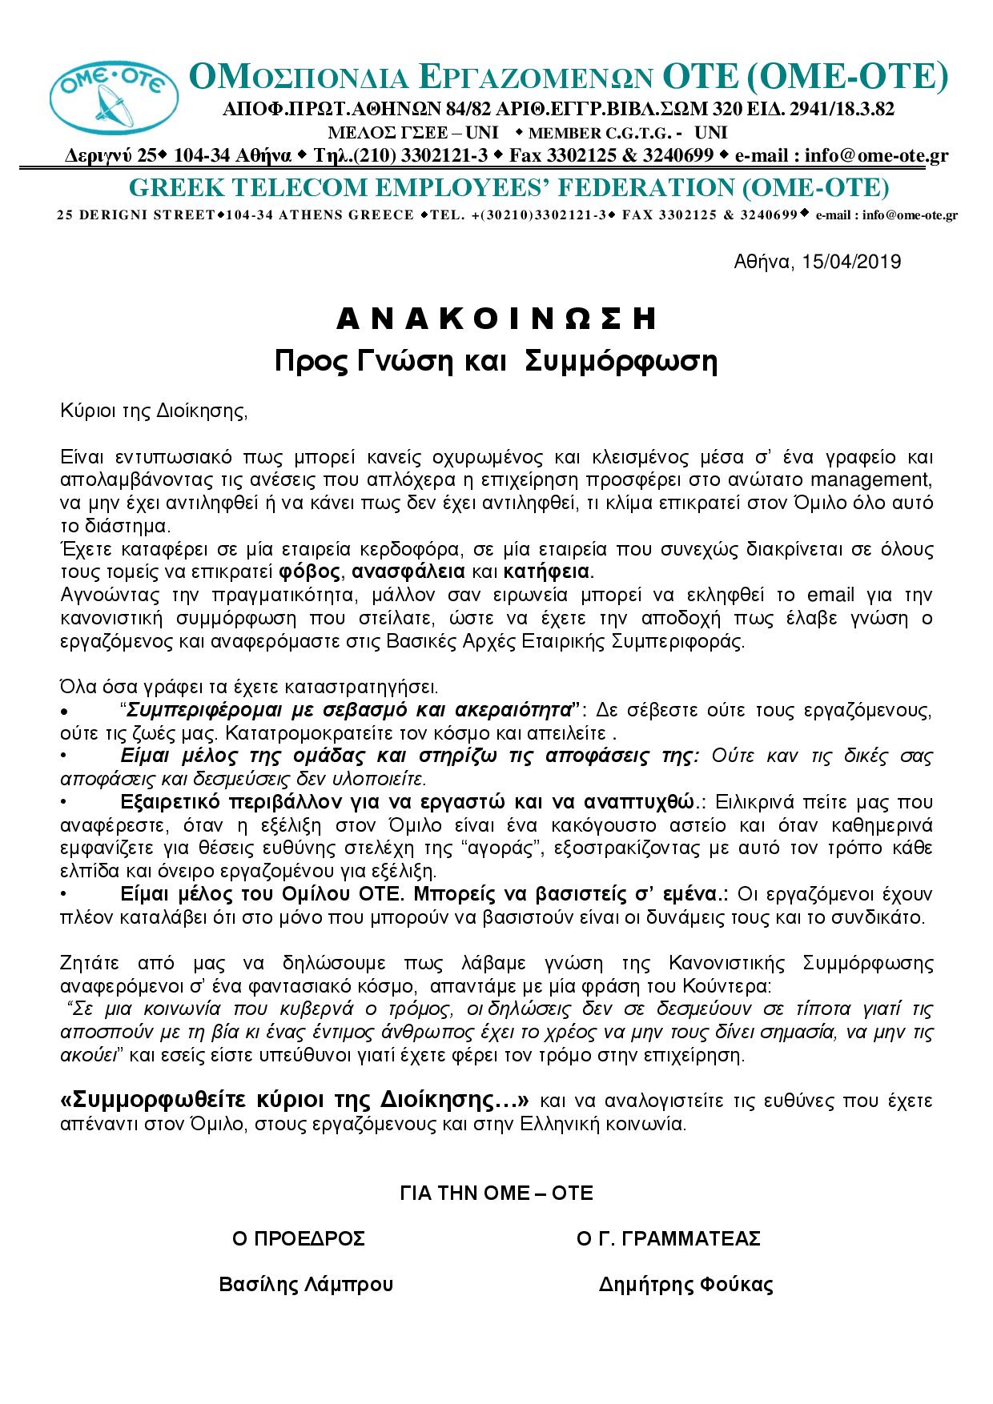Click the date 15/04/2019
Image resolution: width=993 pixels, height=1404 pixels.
(x=849, y=262)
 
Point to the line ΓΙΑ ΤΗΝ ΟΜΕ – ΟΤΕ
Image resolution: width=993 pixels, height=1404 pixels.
(x=496, y=1193)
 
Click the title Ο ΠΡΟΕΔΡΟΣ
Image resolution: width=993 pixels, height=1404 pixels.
(x=299, y=1239)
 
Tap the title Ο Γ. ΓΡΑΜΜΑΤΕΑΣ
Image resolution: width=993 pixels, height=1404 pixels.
(x=669, y=1239)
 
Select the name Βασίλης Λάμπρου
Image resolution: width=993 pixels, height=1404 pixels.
(x=307, y=1286)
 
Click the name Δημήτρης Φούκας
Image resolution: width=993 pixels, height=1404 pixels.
(x=686, y=1286)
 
